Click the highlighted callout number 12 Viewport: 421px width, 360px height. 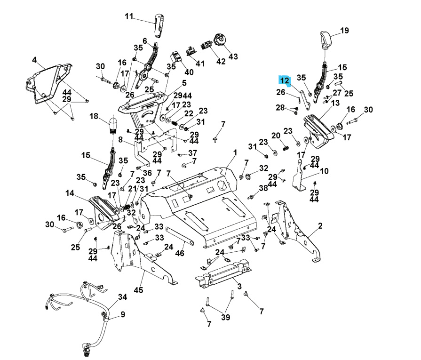[285, 81]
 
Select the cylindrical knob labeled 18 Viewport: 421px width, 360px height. [112, 125]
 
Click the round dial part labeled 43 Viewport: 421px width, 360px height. [219, 40]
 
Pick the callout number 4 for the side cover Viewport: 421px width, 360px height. [34, 60]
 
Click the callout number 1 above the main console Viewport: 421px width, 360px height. [235, 152]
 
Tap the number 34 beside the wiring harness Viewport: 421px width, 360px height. [122, 297]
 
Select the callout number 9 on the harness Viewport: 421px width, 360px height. [123, 314]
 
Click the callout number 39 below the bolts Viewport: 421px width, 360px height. [225, 318]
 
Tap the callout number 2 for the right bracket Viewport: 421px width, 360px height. [320, 226]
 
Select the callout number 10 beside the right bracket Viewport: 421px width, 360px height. [325, 171]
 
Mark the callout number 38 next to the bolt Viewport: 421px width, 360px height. [263, 187]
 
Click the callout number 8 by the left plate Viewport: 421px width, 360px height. [120, 140]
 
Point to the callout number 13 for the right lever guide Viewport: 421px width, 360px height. [335, 103]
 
